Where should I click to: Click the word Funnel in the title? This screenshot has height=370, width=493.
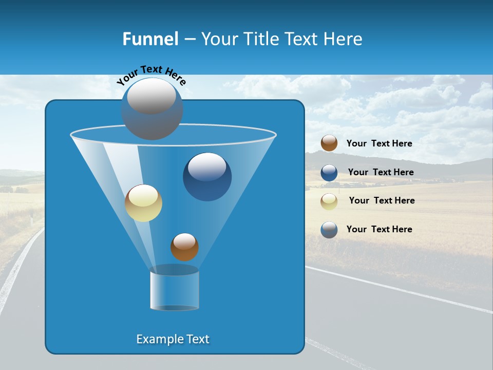click(150, 39)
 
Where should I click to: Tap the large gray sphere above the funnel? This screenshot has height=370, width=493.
click(152, 108)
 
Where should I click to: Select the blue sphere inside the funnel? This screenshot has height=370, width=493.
click(207, 177)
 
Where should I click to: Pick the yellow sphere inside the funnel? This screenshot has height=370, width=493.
click(143, 203)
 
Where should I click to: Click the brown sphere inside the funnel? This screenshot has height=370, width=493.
click(184, 247)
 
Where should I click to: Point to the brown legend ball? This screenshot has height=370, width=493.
click(329, 143)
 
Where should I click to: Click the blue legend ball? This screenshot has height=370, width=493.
click(329, 173)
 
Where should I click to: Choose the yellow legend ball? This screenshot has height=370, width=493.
click(329, 201)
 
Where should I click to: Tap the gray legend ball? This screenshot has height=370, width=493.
click(329, 230)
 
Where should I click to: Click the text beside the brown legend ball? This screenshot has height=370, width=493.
click(379, 143)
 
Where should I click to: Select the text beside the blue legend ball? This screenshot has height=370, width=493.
click(381, 172)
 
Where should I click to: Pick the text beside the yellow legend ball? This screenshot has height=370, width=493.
click(382, 200)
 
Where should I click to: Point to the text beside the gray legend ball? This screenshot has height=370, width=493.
click(379, 229)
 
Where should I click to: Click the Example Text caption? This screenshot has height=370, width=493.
click(173, 339)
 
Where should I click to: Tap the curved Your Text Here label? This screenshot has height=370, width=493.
click(151, 75)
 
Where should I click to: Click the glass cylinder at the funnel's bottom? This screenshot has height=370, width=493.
click(174, 289)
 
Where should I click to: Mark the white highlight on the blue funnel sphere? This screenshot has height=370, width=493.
click(207, 166)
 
